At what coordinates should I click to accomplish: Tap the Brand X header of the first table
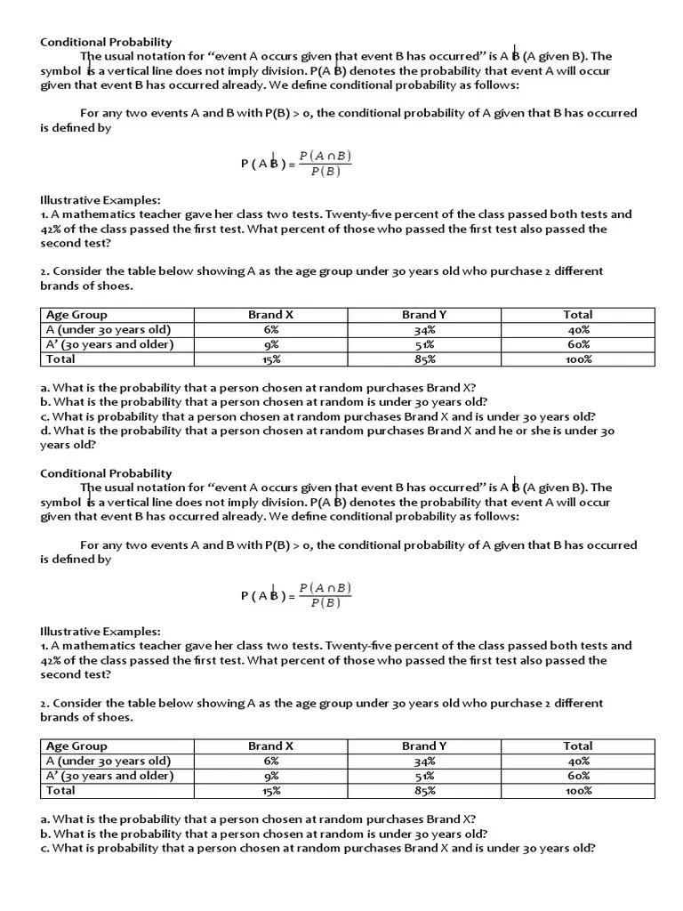tap(271, 314)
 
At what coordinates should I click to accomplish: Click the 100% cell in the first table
tap(578, 359)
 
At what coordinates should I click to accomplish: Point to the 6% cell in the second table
tap(271, 761)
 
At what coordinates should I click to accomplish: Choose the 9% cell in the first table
tap(271, 344)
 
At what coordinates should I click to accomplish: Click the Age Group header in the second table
tap(76, 746)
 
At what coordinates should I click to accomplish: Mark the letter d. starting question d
tap(45, 431)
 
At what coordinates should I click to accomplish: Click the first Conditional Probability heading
tap(106, 42)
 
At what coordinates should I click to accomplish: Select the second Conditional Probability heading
tap(106, 473)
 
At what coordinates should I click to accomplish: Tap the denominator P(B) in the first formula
tap(325, 172)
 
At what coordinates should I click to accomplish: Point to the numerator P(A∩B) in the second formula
tap(325, 588)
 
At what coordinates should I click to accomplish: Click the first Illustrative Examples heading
tap(100, 200)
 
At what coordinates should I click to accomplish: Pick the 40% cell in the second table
tap(578, 761)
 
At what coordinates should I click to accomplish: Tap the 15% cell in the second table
tap(271, 791)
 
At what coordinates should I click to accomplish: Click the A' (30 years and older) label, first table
tap(109, 344)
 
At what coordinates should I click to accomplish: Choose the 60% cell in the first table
tap(578, 344)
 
